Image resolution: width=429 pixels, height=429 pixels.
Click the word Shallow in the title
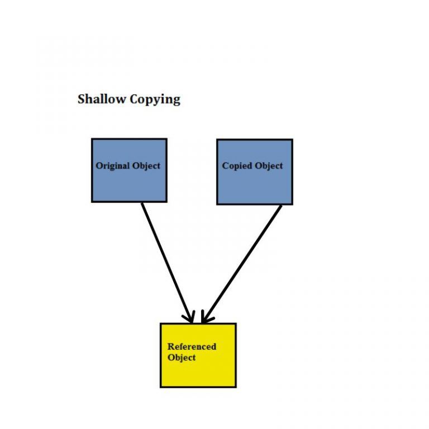point(102,99)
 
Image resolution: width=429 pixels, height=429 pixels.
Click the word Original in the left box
point(112,166)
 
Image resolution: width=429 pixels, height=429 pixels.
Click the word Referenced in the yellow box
point(192,346)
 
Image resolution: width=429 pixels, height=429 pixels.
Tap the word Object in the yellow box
point(182,357)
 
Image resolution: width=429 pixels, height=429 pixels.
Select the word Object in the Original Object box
point(146,166)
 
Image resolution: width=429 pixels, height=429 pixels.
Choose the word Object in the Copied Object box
point(269,166)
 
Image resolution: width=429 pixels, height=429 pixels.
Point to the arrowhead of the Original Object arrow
point(190,318)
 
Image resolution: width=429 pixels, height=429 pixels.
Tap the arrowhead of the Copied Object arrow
point(205,318)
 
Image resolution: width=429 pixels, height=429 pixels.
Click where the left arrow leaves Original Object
point(142,203)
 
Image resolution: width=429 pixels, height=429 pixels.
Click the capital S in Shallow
point(82,99)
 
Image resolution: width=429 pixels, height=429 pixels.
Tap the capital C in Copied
point(226,166)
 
